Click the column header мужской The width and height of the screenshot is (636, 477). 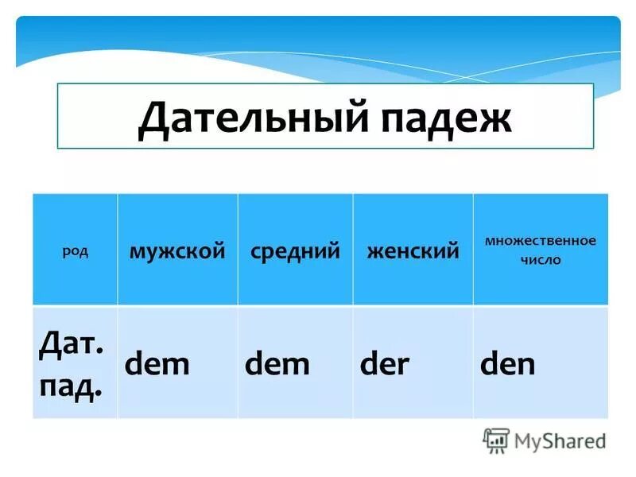tap(178, 251)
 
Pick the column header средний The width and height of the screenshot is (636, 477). tap(295, 251)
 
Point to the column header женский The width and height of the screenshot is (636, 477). tap(413, 251)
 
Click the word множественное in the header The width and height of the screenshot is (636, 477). tap(541, 240)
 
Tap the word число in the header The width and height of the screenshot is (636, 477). tap(541, 260)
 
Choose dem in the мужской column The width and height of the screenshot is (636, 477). tap(158, 364)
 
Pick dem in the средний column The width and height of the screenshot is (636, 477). tap(277, 364)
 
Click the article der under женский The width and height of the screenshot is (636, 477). tap(385, 364)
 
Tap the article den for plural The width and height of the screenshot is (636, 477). tap(507, 364)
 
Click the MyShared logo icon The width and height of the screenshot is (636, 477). tap(496, 440)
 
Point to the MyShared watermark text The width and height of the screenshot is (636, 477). tap(560, 440)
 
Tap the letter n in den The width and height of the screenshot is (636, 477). tap(525, 366)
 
